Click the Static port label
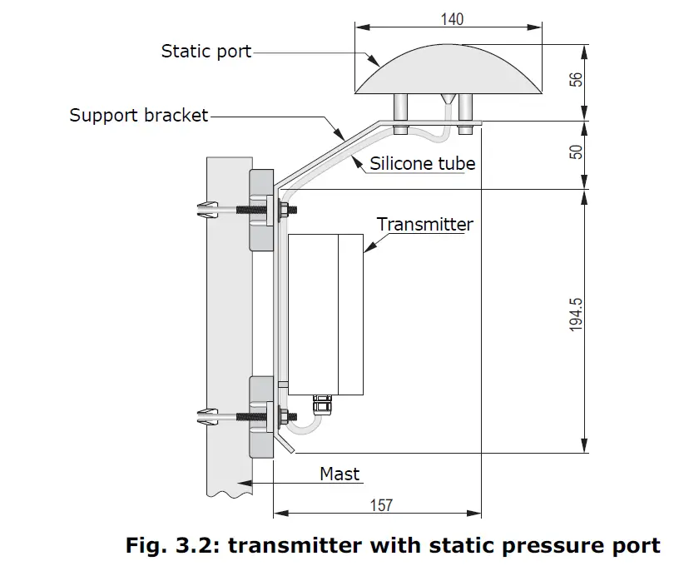[x=206, y=52]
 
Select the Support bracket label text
[x=138, y=115]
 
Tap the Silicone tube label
[x=423, y=163]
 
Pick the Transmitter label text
[x=424, y=224]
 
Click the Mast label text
[x=340, y=474]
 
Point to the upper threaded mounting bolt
[x=241, y=210]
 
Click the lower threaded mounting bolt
[x=241, y=415]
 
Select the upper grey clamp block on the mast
[x=260, y=210]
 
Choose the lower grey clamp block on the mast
[x=260, y=416]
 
